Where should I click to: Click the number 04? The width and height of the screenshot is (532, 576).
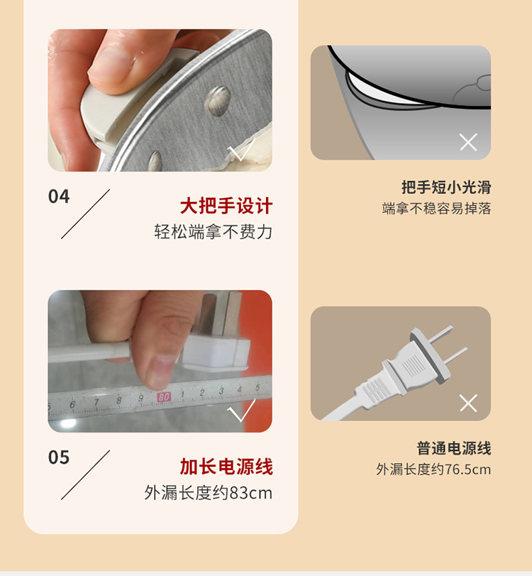click(x=59, y=197)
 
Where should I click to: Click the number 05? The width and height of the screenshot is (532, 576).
click(x=59, y=457)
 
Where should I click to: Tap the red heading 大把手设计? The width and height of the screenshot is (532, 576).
click(x=226, y=206)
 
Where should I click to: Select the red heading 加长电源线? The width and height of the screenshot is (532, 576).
click(x=226, y=467)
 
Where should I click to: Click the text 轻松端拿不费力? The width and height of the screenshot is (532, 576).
click(x=214, y=232)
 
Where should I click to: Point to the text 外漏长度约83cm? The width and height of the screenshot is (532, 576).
click(x=208, y=493)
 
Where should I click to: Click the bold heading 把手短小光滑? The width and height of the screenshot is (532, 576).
click(x=446, y=188)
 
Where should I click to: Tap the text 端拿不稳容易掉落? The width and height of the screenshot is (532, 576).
click(x=436, y=208)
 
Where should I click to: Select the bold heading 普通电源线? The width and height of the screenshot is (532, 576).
click(x=453, y=448)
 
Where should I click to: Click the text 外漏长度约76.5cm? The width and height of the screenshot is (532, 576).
click(x=433, y=469)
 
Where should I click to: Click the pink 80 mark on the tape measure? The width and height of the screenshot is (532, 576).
click(x=164, y=397)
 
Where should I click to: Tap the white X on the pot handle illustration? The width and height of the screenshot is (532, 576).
click(x=468, y=142)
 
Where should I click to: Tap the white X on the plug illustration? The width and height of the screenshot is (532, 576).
click(x=468, y=403)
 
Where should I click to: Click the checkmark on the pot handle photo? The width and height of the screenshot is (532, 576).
click(x=240, y=150)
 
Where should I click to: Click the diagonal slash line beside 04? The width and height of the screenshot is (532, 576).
click(x=85, y=214)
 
